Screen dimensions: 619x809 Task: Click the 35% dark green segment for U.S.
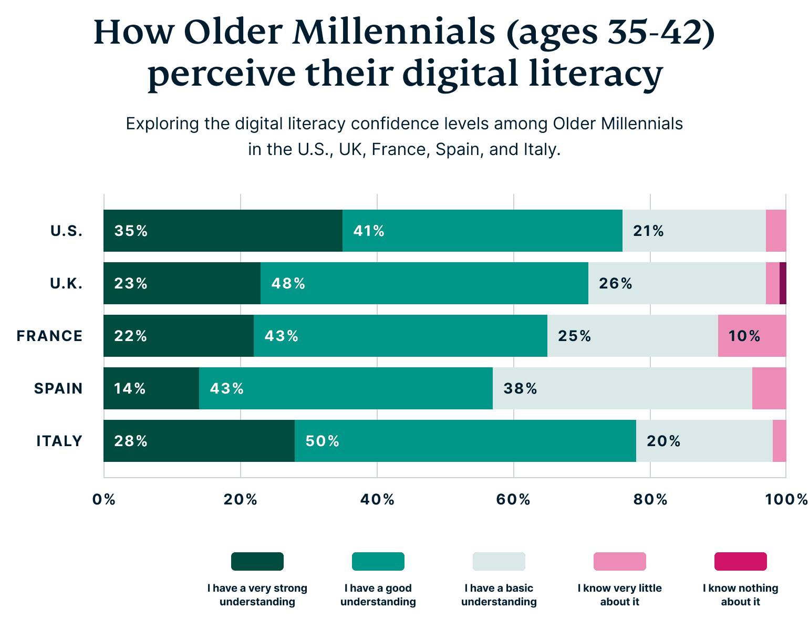point(223,231)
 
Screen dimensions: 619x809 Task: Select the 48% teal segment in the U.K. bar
point(424,283)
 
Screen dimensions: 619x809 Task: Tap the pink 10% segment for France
point(752,336)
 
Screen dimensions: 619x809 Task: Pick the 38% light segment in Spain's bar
point(622,388)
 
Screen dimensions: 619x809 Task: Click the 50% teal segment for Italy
point(465,441)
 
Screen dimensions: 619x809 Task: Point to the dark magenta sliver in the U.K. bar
point(783,283)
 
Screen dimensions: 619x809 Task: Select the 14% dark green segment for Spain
point(151,388)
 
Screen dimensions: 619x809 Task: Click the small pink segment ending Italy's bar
point(780,441)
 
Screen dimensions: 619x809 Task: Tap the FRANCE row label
point(49,336)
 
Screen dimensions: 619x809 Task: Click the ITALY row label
point(59,441)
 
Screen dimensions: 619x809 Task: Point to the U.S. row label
point(66,231)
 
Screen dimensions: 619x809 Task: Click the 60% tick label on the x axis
point(513,499)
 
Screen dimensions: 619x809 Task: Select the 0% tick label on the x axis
point(103,499)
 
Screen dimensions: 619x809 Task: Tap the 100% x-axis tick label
point(786,499)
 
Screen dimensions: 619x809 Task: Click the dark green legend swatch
point(257,561)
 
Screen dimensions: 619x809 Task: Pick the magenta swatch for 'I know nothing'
point(740,561)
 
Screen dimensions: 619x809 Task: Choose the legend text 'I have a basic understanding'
point(499,595)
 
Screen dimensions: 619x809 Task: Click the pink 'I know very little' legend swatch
point(619,561)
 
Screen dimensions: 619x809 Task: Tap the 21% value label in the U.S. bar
point(648,231)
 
